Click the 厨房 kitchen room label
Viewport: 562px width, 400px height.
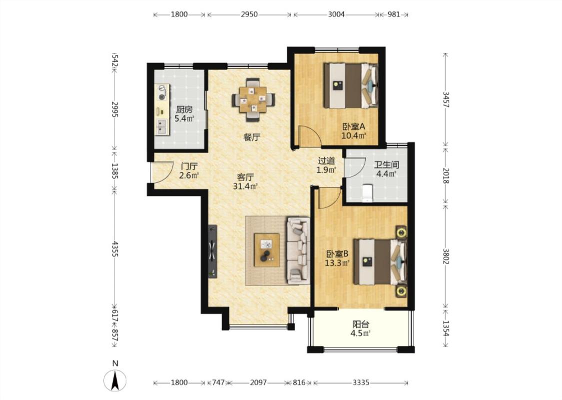[184, 109]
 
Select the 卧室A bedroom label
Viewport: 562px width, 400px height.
[353, 126]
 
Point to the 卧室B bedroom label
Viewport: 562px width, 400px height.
[337, 254]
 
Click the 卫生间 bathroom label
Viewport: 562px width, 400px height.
[386, 165]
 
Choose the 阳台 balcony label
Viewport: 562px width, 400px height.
[361, 324]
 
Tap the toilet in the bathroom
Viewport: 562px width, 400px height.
[367, 192]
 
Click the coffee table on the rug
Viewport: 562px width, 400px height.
[267, 249]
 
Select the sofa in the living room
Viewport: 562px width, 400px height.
[298, 250]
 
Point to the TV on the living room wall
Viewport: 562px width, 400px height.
[212, 251]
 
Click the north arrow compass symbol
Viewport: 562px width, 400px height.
[115, 380]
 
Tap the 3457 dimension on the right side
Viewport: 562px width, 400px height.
[446, 99]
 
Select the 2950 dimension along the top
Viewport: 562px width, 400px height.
[249, 14]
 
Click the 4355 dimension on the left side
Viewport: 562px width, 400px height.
[115, 248]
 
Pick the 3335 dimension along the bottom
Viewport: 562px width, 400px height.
[361, 382]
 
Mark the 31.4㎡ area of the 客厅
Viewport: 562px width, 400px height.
[245, 186]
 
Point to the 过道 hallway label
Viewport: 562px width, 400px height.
[327, 161]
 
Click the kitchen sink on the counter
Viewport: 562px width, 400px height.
[162, 126]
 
